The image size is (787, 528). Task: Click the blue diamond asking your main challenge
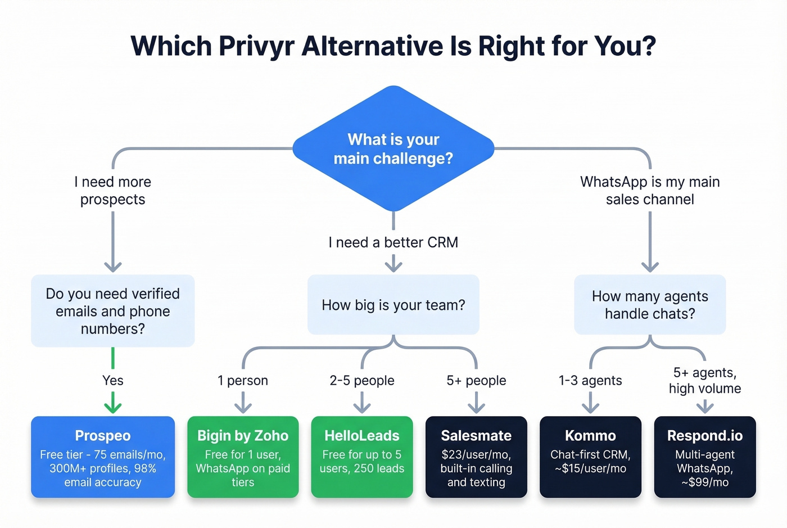point(393,148)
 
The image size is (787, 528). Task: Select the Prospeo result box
point(103,457)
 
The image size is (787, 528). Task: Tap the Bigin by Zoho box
point(243,457)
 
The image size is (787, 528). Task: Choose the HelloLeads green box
point(362,457)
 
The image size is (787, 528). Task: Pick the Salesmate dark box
point(476,457)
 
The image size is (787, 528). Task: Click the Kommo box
point(590,457)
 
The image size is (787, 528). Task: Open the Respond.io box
point(705,457)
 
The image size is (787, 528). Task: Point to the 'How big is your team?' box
point(393,305)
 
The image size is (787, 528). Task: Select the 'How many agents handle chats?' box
point(650,305)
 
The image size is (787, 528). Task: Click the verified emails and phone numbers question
point(113,311)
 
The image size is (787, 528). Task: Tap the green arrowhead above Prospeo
point(113,406)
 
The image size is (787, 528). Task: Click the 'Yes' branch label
point(113,381)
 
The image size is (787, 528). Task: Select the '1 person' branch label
point(243,381)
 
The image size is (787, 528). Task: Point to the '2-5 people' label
point(362,381)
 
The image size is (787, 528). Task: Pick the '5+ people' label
point(476,381)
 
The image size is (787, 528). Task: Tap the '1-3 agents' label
point(590,381)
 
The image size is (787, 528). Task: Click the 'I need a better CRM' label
point(393,242)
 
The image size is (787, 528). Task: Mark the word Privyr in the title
point(256,46)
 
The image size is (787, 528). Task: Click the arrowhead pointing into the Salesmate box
point(476,407)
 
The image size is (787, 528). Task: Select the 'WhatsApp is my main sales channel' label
point(650,191)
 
